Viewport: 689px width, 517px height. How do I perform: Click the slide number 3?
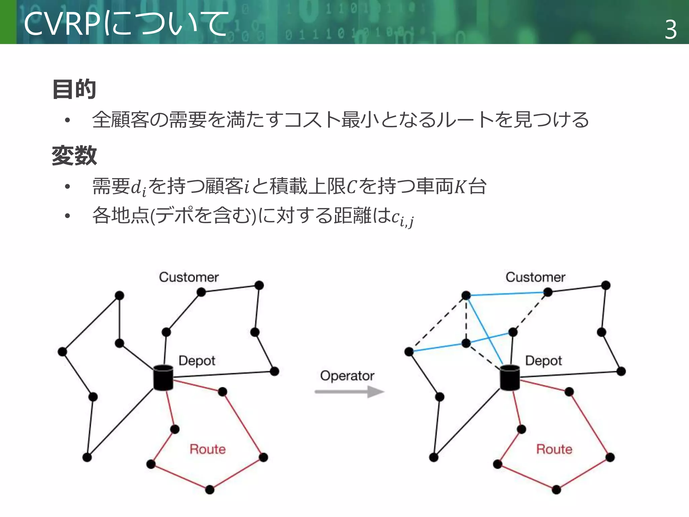tap(670, 30)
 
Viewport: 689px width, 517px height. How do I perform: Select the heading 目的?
tap(74, 89)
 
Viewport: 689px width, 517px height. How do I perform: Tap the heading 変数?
tap(74, 156)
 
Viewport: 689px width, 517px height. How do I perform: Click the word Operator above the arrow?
tap(347, 376)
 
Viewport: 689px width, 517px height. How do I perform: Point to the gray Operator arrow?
tap(349, 391)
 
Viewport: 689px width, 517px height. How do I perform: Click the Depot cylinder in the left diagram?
tap(163, 377)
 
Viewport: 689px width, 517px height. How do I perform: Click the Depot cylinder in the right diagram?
tap(510, 377)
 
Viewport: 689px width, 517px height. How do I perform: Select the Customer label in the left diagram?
tap(189, 277)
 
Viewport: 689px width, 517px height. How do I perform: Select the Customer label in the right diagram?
tap(535, 277)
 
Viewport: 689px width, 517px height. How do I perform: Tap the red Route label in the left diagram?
tap(208, 449)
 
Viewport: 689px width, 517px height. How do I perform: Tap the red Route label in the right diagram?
tap(554, 449)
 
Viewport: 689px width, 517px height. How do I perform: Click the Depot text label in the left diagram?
tap(197, 361)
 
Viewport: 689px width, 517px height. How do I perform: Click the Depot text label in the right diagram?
tap(543, 361)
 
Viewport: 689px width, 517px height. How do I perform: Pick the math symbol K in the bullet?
tap(460, 187)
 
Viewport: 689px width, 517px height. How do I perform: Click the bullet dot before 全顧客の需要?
tap(68, 120)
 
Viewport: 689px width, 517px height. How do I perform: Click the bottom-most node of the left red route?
tap(210, 489)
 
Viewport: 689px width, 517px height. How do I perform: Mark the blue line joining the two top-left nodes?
tap(507, 294)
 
